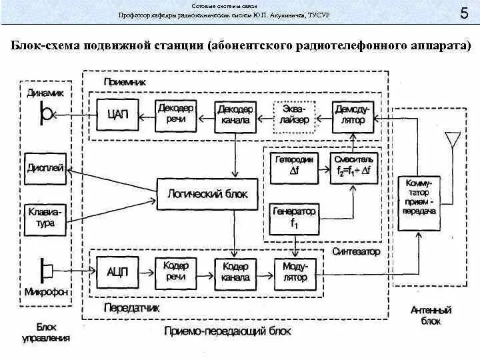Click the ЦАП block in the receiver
[117, 115]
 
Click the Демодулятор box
[352, 115]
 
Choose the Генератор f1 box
[294, 218]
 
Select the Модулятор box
[293, 272]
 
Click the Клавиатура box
[45, 218]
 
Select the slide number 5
[463, 14]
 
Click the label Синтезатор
[355, 251]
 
